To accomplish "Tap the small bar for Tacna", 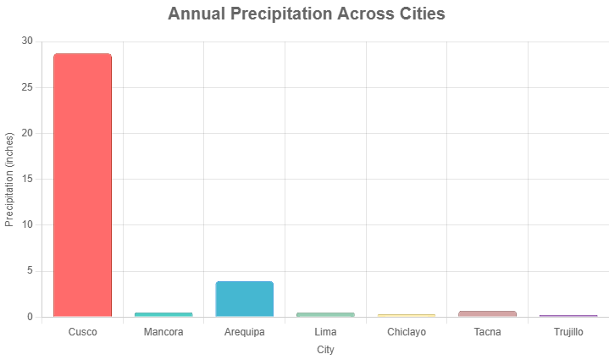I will (487, 313).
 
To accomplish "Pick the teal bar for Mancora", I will (163, 314).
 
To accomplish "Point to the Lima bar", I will (325, 314).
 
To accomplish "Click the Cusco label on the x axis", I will (82, 332).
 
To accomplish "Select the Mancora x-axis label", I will (163, 332).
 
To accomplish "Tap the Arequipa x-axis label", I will (244, 332).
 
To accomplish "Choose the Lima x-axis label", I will (325, 332).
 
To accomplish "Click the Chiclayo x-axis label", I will (407, 332).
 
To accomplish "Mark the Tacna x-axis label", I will (487, 332).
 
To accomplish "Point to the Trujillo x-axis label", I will (568, 332).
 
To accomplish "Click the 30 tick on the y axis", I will (27, 42).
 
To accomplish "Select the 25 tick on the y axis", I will (27, 87).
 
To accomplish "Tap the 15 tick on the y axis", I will (27, 179).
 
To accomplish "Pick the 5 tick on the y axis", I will (30, 271).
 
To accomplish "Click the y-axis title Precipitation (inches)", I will (10, 179).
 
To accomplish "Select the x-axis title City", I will (325, 349).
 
